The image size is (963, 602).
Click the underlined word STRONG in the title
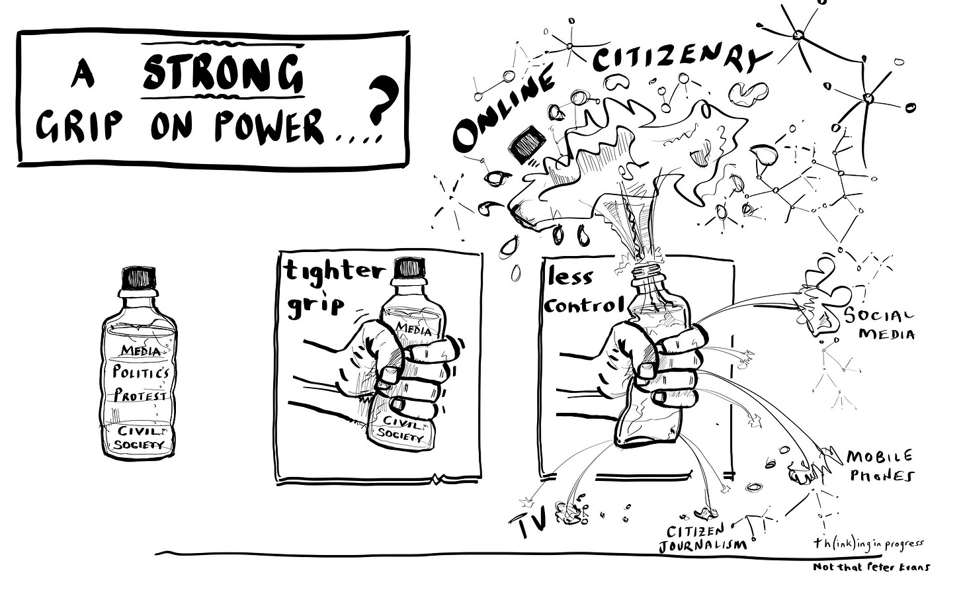point(223,73)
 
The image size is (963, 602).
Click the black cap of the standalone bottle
point(139,277)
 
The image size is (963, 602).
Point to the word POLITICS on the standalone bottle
point(140,372)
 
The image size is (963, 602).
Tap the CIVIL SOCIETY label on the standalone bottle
point(141,437)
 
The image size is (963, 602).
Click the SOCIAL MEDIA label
point(880,324)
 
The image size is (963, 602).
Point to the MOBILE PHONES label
point(880,466)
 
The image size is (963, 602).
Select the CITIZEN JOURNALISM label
point(702,538)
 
